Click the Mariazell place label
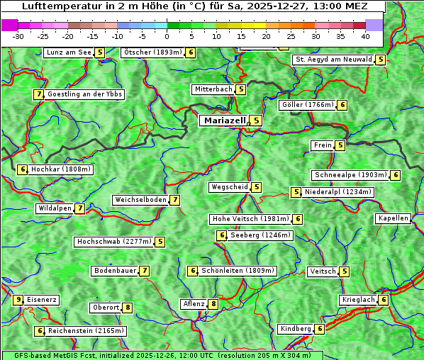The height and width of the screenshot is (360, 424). click(x=223, y=120)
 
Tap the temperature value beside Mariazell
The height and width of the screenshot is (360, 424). click(x=256, y=120)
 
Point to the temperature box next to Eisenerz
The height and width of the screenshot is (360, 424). click(x=18, y=300)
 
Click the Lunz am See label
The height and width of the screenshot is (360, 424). click(x=69, y=52)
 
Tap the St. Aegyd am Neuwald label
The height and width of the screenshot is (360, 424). click(x=333, y=60)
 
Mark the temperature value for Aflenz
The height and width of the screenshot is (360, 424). click(x=213, y=304)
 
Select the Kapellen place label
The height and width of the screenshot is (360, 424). click(x=393, y=218)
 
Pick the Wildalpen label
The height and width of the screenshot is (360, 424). click(x=55, y=208)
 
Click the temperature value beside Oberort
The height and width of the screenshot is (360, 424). click(x=128, y=308)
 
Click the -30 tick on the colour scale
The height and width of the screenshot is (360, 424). click(x=18, y=36)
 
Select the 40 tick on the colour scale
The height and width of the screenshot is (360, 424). click(x=365, y=36)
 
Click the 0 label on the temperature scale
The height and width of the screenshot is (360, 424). click(x=167, y=36)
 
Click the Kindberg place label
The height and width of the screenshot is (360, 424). click(x=296, y=329)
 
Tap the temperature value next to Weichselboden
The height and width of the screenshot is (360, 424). click(x=175, y=200)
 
